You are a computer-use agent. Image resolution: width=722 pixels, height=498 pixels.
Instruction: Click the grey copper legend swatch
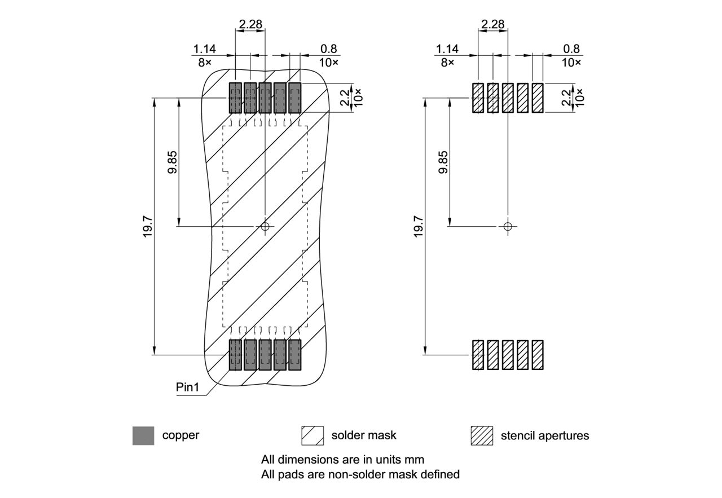(143, 435)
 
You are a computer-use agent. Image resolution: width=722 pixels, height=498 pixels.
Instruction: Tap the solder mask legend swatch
(312, 435)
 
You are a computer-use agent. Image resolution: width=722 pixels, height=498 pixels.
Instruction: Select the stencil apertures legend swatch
(482, 435)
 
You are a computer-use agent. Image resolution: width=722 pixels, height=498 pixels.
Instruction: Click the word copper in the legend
(180, 435)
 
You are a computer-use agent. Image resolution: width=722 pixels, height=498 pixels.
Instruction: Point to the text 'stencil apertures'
(544, 435)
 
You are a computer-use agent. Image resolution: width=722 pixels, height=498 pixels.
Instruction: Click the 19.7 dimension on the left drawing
(148, 226)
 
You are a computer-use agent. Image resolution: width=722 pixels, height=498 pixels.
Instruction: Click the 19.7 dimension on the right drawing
(419, 226)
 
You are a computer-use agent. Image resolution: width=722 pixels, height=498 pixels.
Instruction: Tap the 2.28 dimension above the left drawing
(250, 24)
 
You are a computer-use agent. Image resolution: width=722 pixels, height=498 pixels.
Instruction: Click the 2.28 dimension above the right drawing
(492, 24)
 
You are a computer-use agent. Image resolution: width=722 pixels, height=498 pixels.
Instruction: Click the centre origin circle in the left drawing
(265, 227)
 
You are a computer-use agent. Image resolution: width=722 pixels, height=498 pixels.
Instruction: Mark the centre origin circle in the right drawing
(508, 227)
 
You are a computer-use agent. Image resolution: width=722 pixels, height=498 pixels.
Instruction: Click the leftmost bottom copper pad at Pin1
(235, 355)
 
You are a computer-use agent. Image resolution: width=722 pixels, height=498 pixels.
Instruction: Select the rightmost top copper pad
(294, 98)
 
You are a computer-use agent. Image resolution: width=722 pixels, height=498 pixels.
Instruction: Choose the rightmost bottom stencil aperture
(538, 355)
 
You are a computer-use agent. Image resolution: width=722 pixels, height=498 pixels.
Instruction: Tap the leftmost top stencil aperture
(478, 98)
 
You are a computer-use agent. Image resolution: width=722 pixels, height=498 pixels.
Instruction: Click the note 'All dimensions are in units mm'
(342, 459)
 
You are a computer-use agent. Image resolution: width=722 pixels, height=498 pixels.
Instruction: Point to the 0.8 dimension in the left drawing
(331, 49)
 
